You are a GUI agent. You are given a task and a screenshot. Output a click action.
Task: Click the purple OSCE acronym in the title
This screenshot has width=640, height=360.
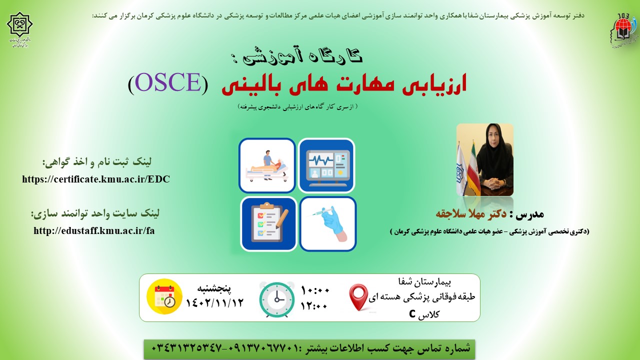[168, 82]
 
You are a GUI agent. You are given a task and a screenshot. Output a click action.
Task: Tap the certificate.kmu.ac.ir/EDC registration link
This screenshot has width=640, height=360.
[96, 179]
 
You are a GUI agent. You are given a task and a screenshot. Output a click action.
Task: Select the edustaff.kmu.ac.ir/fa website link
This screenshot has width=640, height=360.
[94, 230]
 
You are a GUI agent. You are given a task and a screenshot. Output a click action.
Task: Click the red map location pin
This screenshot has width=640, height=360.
[358, 297]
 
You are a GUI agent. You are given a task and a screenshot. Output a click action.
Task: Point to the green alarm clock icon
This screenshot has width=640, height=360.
[277, 299]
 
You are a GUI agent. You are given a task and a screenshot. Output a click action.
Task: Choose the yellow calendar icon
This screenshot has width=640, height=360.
[164, 296]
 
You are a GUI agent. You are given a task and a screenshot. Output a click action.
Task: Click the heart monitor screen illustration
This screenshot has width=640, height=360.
[326, 165]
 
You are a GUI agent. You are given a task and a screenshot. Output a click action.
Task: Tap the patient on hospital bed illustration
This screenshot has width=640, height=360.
[267, 165]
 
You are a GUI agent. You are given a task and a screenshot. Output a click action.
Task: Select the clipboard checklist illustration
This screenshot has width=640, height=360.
[268, 224]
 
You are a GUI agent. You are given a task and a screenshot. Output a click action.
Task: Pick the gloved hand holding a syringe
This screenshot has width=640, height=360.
[328, 224]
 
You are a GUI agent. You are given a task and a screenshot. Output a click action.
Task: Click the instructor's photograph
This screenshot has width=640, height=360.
[485, 159]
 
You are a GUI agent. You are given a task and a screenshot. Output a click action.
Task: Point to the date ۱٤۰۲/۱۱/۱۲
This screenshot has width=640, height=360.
[214, 303]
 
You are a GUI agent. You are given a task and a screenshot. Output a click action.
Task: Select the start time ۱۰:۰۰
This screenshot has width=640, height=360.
[315, 291]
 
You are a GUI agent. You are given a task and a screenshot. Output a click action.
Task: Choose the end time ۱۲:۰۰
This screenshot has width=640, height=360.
[313, 306]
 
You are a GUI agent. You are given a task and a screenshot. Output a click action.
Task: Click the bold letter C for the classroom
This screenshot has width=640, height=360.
[412, 313]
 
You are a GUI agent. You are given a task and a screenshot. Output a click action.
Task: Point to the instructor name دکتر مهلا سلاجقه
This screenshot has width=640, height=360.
[471, 213]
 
